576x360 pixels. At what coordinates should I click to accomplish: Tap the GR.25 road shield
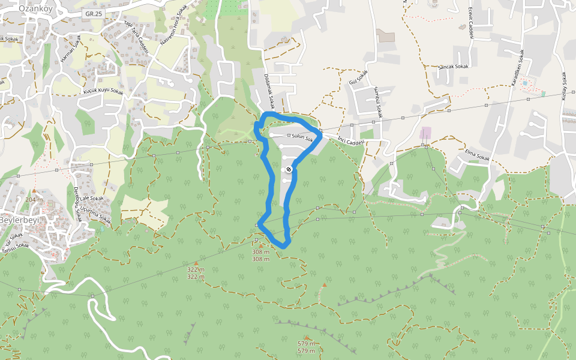pyautogui.click(x=92, y=13)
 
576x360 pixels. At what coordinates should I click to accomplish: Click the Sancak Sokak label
pyautogui.click(x=454, y=67)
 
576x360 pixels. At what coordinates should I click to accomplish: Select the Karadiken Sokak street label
pyautogui.click(x=518, y=68)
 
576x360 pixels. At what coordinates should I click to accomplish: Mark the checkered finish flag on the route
pyautogui.click(x=289, y=170)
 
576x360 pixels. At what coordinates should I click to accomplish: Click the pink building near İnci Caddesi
pyautogui.click(x=425, y=133)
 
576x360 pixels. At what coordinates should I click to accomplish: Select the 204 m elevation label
pyautogui.click(x=34, y=199)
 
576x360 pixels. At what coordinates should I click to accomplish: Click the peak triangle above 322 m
pyautogui.click(x=196, y=263)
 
